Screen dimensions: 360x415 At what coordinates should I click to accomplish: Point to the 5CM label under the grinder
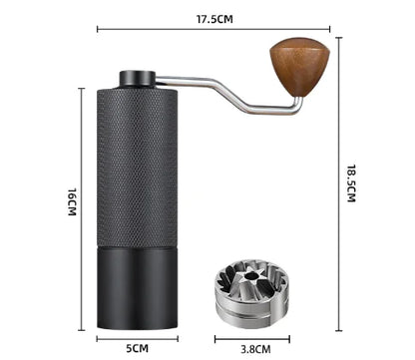pos(138,349)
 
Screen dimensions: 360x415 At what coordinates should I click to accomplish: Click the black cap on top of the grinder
pos(138,79)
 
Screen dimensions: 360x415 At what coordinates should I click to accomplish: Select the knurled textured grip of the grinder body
pos(138,165)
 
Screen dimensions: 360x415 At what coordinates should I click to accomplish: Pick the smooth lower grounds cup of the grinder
pos(138,289)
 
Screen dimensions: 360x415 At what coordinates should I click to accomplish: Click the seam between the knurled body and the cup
pos(138,246)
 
